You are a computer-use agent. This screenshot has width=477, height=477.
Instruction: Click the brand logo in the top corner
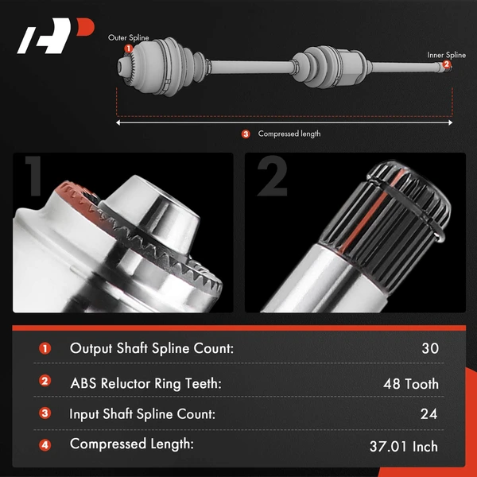[56, 36]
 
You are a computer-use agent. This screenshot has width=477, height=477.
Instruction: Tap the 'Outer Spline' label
[128, 37]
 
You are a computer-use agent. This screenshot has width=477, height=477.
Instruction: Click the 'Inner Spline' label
[446, 55]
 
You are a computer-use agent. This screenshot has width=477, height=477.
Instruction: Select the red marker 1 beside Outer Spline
[128, 48]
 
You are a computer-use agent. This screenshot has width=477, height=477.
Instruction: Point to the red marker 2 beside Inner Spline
[446, 64]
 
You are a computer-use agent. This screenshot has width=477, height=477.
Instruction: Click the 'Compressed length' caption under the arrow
[289, 134]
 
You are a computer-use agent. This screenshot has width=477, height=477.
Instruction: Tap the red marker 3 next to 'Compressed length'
[246, 134]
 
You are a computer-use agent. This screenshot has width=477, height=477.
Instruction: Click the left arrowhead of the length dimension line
[118, 122]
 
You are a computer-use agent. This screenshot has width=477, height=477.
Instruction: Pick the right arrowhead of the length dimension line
[450, 122]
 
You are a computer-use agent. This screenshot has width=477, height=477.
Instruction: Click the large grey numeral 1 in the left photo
[34, 176]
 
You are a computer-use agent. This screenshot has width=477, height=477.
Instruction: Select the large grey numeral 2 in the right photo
[272, 176]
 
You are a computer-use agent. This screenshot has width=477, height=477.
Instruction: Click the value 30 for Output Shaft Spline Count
[430, 348]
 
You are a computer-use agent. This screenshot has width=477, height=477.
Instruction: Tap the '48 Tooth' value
[411, 384]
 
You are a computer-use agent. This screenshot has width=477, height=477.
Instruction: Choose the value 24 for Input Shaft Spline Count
[429, 413]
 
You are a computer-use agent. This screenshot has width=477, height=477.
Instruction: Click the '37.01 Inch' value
[404, 447]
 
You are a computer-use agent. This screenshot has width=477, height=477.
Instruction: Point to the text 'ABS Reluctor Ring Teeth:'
[146, 383]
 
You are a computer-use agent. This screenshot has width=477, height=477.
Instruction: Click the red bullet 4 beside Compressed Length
[45, 445]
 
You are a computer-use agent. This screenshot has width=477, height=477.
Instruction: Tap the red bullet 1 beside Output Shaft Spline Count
[45, 349]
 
